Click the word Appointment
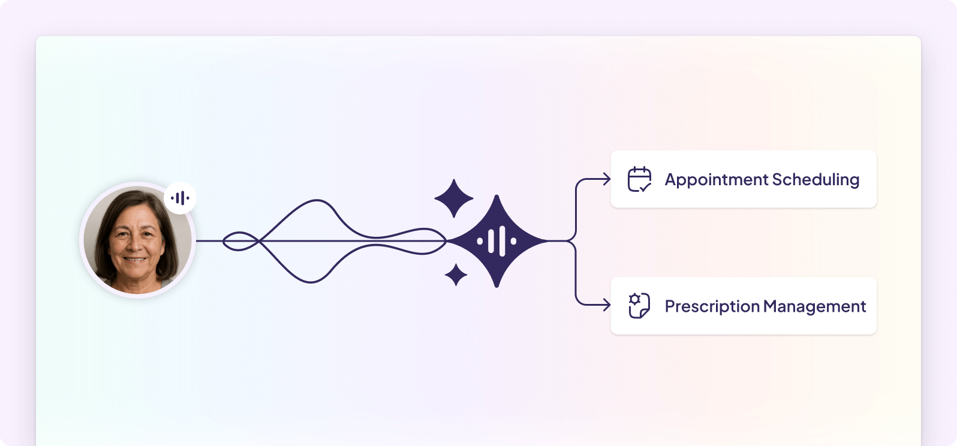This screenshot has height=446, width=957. tap(717, 180)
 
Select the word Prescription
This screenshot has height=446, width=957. tap(712, 306)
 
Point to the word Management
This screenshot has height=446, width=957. tap(814, 306)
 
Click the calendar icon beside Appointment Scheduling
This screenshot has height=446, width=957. tap(639, 179)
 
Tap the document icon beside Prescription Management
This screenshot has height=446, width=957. tap(639, 306)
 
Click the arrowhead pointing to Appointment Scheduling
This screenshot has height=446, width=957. tap(607, 179)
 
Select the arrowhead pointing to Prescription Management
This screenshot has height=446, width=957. tap(607, 305)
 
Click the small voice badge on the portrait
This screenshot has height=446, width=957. tap(180, 198)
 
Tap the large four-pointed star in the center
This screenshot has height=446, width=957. tap(496, 241)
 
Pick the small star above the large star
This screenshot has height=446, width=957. tap(454, 198)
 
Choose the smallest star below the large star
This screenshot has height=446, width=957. tap(456, 275)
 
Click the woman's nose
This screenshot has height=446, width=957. tap(134, 245)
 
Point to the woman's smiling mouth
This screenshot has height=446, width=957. tap(135, 259)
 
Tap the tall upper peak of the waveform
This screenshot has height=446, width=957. tap(317, 200)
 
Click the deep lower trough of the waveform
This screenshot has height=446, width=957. tap(311, 282)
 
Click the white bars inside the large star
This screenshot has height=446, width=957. tap(496, 241)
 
